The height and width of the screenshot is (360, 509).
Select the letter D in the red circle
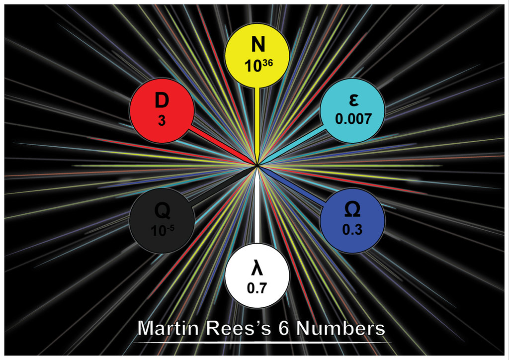pos(162,100)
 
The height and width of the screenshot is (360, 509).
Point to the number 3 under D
pos(162,121)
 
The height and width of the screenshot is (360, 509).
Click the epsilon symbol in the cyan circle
pos(353,100)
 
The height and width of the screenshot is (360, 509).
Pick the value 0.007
pos(353,119)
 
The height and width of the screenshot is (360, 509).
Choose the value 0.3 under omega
pos(352,230)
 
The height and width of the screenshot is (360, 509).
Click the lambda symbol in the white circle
pos(257,268)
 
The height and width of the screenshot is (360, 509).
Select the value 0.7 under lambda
pos(257,287)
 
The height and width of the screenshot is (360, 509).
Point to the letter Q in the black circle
pos(162,211)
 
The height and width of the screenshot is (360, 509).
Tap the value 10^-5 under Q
pos(162,230)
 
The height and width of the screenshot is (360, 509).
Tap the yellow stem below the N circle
pos(257,124)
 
